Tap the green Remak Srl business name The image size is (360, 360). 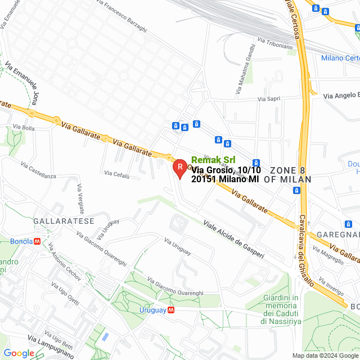213,160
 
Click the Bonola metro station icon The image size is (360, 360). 37,241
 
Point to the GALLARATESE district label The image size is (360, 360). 64,221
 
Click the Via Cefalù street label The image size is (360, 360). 117,175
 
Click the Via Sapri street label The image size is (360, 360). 269,99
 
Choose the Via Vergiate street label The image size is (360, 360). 80,197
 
